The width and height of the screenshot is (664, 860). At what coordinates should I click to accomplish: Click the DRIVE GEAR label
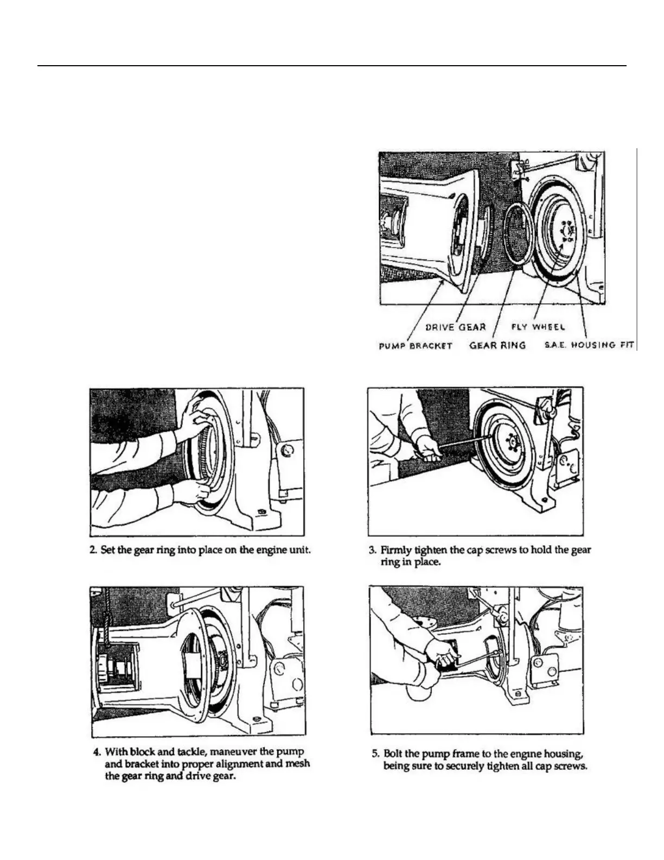coord(455,327)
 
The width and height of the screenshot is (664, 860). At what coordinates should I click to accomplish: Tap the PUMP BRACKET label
coord(415,345)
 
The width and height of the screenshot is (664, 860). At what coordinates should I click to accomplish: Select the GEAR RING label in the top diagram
coord(497,345)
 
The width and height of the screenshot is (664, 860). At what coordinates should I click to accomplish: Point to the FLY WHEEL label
coord(538,327)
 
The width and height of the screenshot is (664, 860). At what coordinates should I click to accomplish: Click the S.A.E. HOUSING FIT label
coord(589,345)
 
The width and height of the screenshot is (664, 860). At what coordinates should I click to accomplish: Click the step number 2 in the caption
coord(93,549)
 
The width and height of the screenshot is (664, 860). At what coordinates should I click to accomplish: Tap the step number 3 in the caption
coord(372,549)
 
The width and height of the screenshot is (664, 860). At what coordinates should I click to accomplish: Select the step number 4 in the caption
coord(97,752)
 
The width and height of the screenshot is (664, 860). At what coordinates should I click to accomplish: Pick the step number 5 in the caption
coord(375,754)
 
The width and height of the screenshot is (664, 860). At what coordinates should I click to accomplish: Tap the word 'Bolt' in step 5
coord(393,754)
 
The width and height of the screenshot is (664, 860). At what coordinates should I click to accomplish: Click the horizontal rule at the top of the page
coord(331,66)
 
